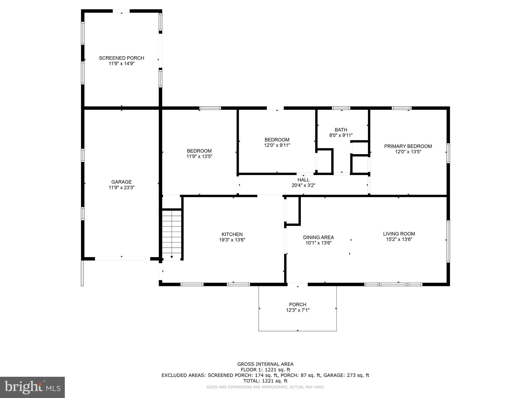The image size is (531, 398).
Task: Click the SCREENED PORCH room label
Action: [x=121, y=58]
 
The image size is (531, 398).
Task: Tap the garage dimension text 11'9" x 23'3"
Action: [x=121, y=188]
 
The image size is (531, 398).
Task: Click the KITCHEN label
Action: [x=232, y=234]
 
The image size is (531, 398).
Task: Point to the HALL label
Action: [x=303, y=180]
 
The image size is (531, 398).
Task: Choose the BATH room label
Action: [x=341, y=130]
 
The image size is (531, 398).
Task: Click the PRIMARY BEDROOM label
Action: [x=408, y=146]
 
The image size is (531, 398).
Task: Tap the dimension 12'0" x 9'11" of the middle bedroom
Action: [x=277, y=145]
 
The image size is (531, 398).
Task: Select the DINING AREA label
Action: [x=318, y=237]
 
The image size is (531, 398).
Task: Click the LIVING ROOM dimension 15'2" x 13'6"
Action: [x=399, y=239]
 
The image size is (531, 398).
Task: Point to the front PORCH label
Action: [x=298, y=304]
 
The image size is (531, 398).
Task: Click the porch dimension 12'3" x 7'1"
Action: [x=298, y=310]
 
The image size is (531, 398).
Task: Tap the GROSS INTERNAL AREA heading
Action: [x=265, y=364]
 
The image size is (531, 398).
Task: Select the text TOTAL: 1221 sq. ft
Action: [x=265, y=381]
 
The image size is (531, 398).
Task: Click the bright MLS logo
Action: [x=32, y=387]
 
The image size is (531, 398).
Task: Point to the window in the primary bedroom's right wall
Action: [x=448, y=153]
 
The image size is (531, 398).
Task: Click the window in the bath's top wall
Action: [x=341, y=108]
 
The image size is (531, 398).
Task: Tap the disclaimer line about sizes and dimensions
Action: [x=265, y=387]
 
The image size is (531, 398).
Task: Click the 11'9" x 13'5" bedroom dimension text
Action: [x=199, y=157]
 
